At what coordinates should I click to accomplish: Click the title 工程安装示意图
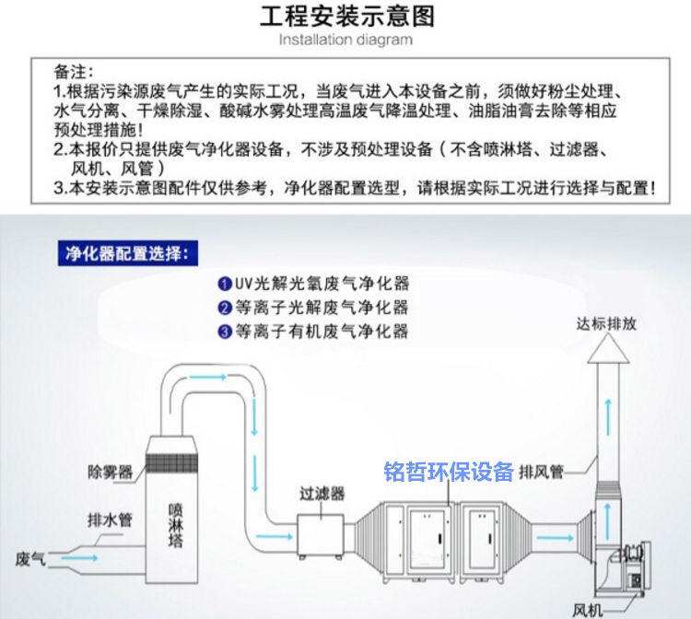(345, 16)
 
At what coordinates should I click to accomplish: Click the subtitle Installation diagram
(345, 40)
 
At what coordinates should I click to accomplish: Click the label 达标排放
(606, 323)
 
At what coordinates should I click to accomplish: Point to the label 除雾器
(110, 472)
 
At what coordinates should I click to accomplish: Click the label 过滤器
(322, 494)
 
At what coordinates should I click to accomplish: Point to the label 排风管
(541, 472)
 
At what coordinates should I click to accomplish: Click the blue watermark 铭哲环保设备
(449, 472)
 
